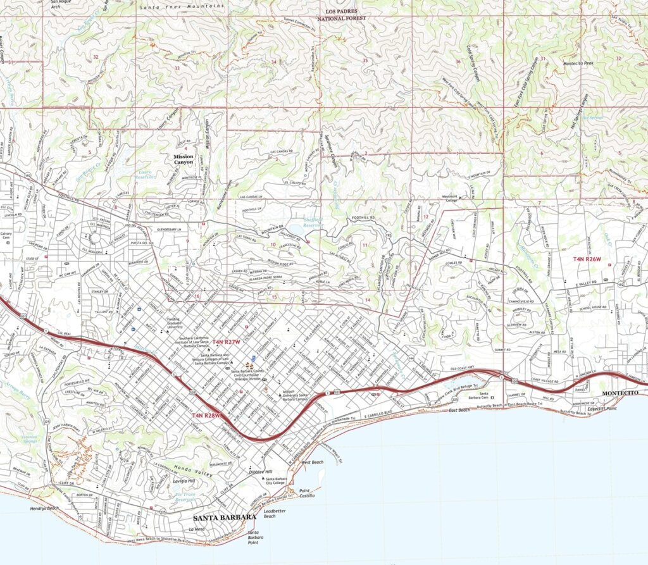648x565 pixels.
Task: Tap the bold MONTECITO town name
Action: [622, 393]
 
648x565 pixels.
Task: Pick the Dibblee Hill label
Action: [259, 472]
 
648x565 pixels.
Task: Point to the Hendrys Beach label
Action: [44, 508]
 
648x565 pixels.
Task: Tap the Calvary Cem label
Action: [8, 235]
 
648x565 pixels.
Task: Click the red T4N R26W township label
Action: [587, 259]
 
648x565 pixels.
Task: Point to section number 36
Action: [457, 61]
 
